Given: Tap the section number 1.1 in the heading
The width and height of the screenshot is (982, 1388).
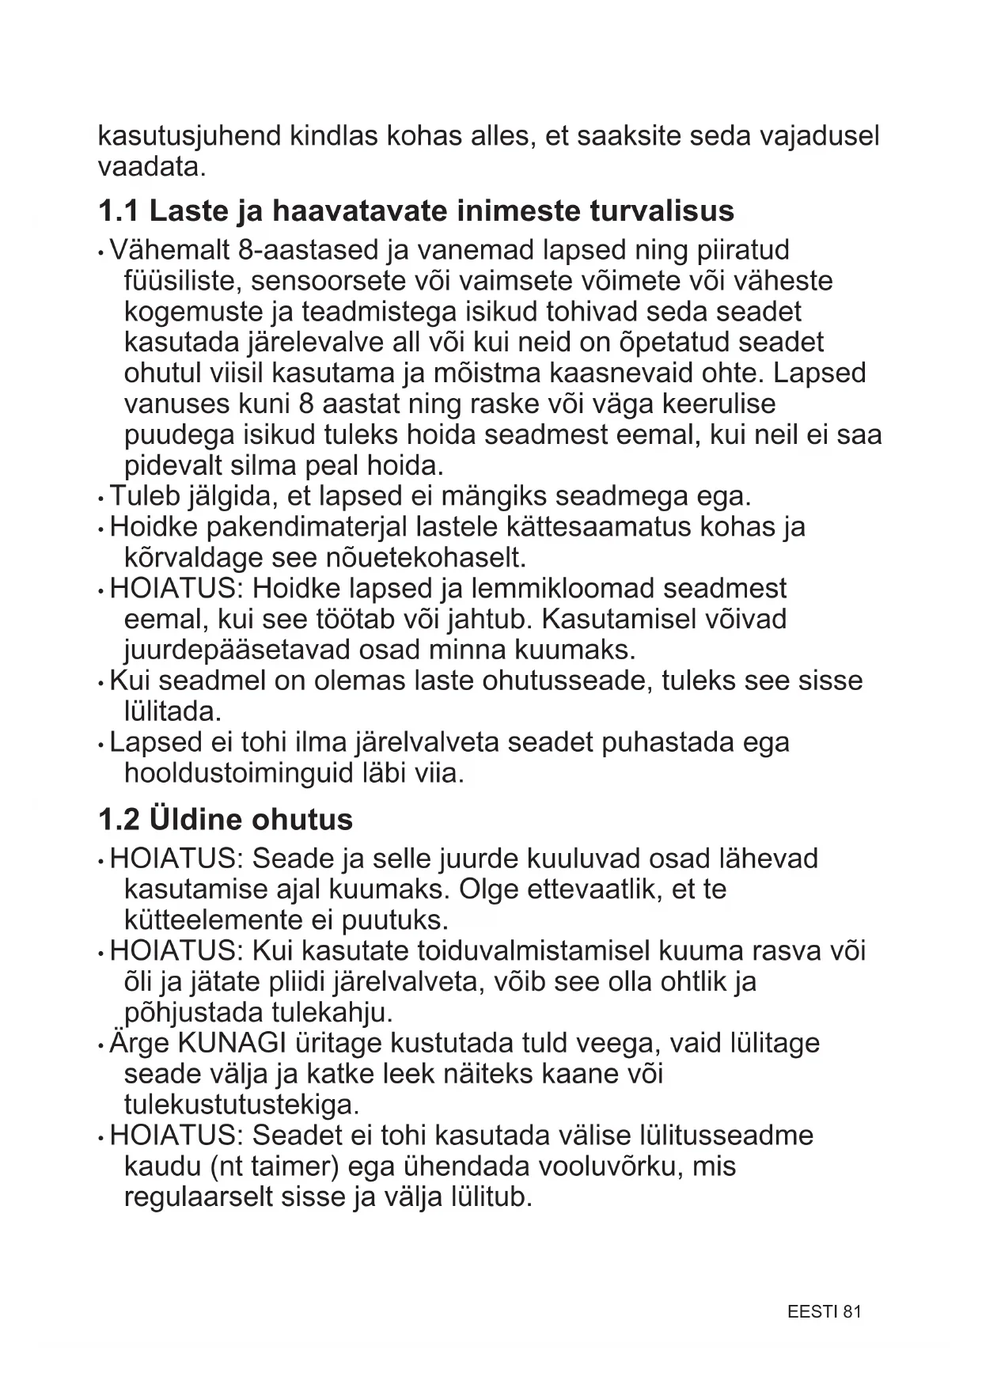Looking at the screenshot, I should click(x=118, y=211).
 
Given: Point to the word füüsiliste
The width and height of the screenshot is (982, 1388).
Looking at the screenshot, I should click(x=181, y=281).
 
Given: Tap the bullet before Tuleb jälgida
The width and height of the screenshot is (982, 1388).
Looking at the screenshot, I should click(x=101, y=499).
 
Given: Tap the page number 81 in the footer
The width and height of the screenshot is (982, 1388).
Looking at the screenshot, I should click(x=851, y=1311).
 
